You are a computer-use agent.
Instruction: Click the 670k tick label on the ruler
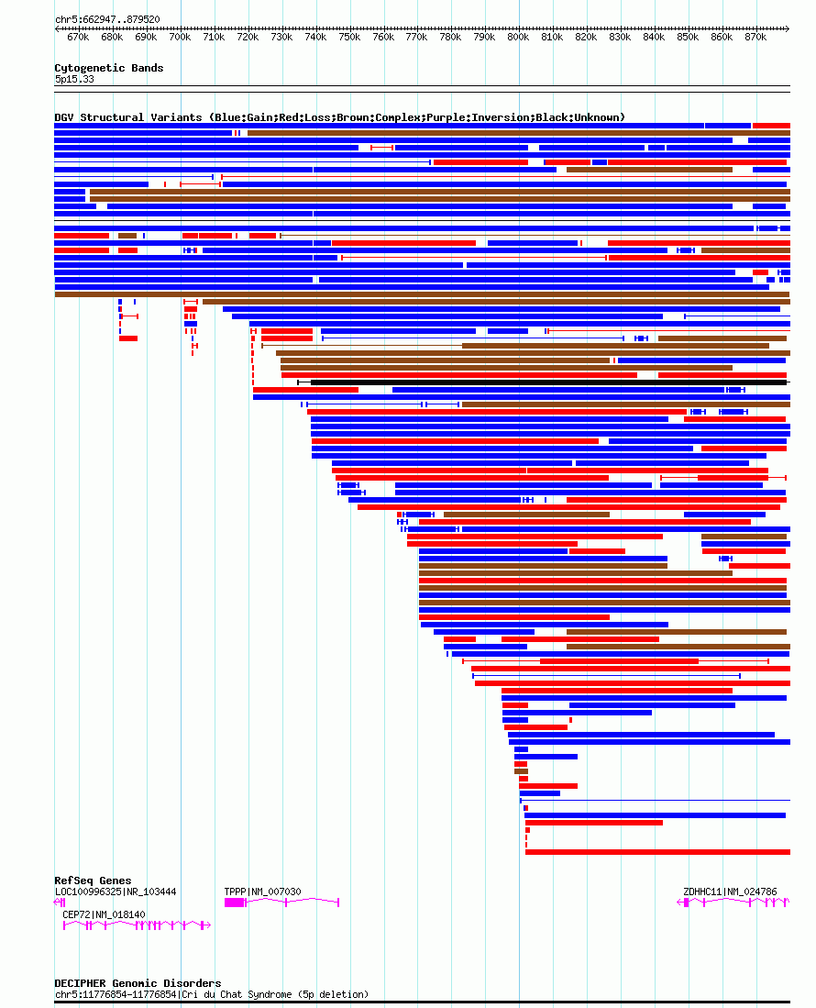point(78,37)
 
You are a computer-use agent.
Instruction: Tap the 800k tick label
point(518,37)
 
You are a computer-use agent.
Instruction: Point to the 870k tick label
point(755,37)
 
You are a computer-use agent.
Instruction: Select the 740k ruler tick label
point(315,37)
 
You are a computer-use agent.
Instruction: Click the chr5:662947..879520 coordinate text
point(107,18)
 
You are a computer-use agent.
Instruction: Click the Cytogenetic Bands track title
point(108,68)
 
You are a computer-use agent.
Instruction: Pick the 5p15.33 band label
point(74,79)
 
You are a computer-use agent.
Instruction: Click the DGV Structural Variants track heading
point(339,117)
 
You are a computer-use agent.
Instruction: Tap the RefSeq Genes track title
point(93,881)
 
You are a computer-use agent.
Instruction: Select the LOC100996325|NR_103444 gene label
point(116,892)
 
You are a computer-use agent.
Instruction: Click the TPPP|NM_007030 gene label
point(262,892)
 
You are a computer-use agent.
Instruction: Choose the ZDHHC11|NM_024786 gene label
point(730,892)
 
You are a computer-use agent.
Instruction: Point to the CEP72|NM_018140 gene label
point(104,914)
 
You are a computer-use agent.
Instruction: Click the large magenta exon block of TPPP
point(235,903)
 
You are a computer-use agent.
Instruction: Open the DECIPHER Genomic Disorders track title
point(138,983)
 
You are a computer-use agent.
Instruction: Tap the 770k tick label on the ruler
point(416,37)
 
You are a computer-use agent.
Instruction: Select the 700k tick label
point(180,37)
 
